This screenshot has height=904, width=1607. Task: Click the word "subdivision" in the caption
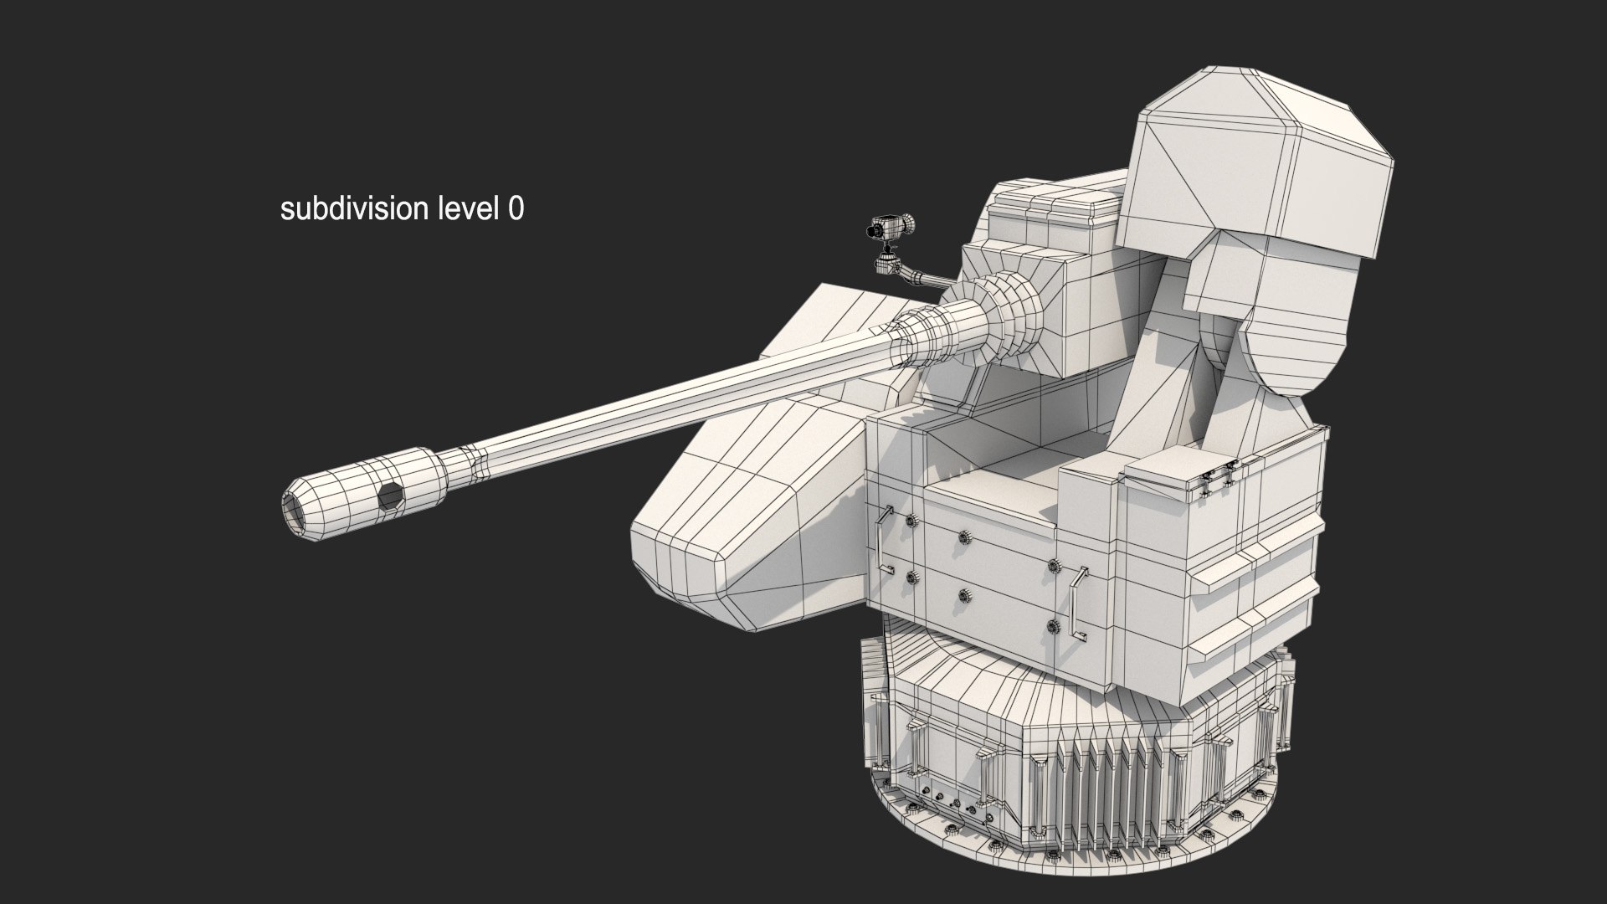pos(354,208)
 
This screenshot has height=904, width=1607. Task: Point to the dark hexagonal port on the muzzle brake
pos(390,497)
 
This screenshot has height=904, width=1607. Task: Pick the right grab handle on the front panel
pos(1078,604)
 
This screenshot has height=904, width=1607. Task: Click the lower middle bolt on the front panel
pos(963,596)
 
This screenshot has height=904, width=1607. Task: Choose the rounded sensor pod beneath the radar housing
pos(1272,318)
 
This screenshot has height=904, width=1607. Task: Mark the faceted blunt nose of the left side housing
pos(682,561)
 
